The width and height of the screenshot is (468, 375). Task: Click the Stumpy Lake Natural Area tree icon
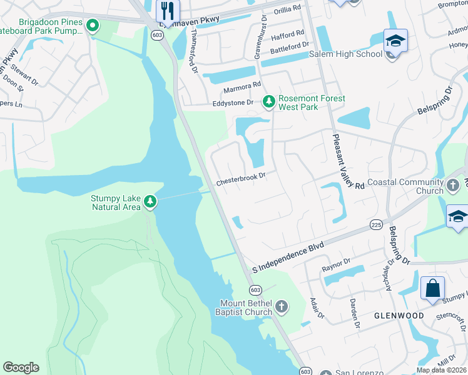tap(150, 201)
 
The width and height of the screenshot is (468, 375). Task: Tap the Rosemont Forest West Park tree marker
tap(268, 101)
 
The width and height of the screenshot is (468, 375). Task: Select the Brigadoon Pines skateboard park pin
tap(93, 26)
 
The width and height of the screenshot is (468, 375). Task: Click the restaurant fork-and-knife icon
tap(167, 11)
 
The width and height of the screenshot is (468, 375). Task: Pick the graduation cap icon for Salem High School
tap(395, 41)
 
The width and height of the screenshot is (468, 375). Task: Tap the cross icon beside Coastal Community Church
tap(454, 186)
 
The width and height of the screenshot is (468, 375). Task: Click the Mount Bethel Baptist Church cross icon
tap(282, 306)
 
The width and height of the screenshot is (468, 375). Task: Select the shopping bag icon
tap(432, 289)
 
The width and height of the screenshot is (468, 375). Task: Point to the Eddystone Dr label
tap(233, 102)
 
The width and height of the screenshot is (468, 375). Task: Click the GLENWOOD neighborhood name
tap(399, 316)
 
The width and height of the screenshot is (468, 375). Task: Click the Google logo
tap(21, 367)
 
